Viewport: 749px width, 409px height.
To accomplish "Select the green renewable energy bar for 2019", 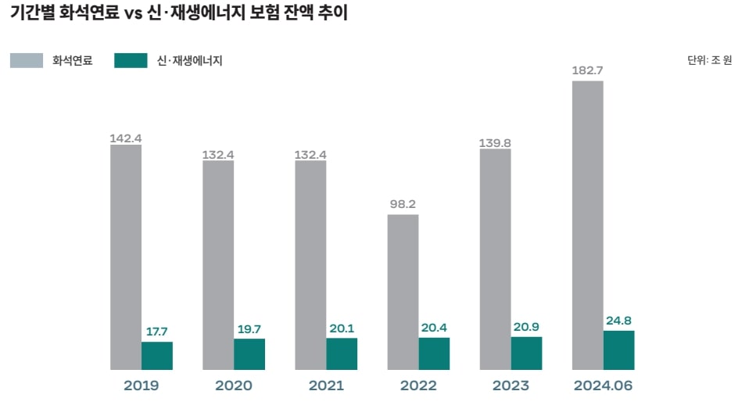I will pyautogui.click(x=156, y=355).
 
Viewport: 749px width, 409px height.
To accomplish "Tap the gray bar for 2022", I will pyautogui.click(x=403, y=291).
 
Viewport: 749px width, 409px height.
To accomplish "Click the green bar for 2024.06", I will pyautogui.click(x=618, y=350).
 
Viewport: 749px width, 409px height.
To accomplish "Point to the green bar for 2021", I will pyautogui.click(x=342, y=353).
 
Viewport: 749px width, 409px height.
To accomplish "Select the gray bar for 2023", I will pyautogui.click(x=495, y=259).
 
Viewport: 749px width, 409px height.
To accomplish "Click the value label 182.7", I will pyautogui.click(x=587, y=71).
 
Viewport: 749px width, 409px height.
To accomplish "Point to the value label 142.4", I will pyautogui.click(x=125, y=138).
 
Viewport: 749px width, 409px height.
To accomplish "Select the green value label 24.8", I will pyautogui.click(x=618, y=320).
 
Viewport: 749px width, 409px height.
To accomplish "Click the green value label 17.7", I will pyautogui.click(x=156, y=332).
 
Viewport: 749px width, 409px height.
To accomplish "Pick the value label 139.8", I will pyautogui.click(x=495, y=143).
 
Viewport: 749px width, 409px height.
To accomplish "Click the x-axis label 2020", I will pyautogui.click(x=233, y=386).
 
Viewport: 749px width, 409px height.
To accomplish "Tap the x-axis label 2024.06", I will pyautogui.click(x=603, y=386).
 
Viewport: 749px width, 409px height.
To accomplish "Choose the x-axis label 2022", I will pyautogui.click(x=418, y=386).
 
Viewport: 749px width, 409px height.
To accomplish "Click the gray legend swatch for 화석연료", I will pyautogui.click(x=27, y=60).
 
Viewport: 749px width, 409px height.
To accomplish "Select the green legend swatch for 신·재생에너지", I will pyautogui.click(x=131, y=60).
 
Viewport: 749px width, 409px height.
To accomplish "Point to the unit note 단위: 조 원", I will pyautogui.click(x=709, y=60).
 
